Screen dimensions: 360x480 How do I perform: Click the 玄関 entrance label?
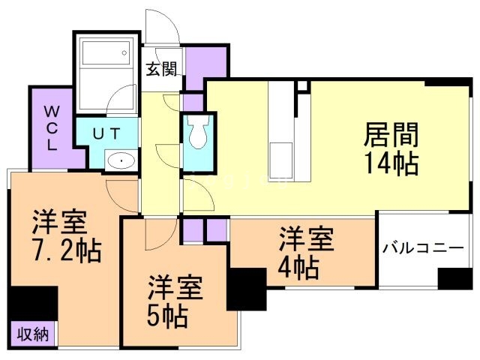[x=161, y=70]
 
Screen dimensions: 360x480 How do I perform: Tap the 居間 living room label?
[x=391, y=135]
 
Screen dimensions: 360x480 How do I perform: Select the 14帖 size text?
[x=391, y=162]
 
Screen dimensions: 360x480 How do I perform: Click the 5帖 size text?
[x=166, y=314]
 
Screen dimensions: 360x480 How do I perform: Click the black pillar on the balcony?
[x=454, y=277]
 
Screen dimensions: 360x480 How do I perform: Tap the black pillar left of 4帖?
[x=244, y=289]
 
